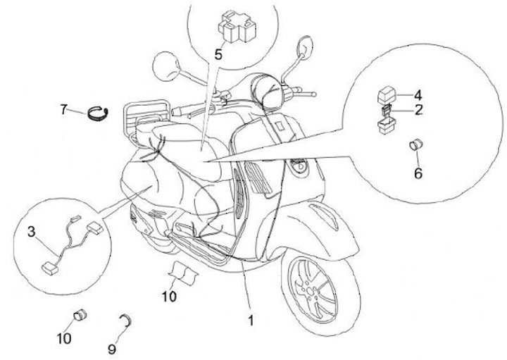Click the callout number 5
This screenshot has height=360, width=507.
click(x=218, y=53)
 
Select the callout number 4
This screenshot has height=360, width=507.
click(x=418, y=94)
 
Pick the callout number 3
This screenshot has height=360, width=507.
click(x=31, y=231)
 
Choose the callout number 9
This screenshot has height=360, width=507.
click(x=112, y=328)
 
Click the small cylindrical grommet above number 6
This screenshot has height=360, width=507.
click(x=416, y=146)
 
